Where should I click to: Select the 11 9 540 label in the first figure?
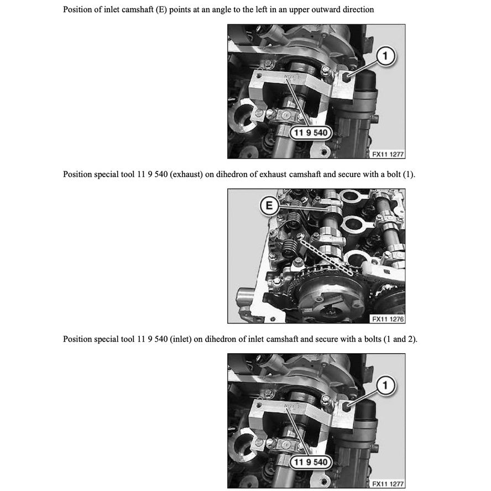310,132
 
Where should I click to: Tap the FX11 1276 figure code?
388,319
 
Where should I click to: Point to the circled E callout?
269,205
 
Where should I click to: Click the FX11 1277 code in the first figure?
388,154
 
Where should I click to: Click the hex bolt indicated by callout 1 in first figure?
346,77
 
